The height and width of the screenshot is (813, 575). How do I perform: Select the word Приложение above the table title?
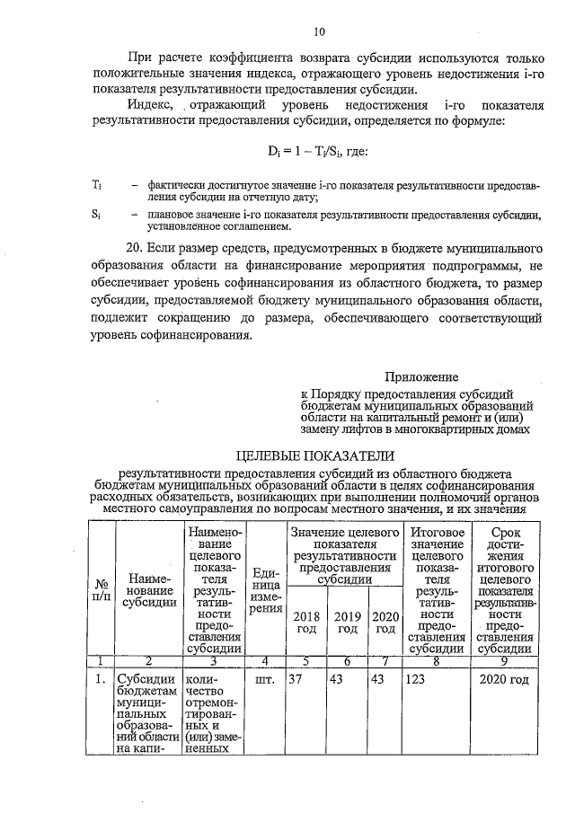(421, 377)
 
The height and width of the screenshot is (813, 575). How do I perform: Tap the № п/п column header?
(102, 592)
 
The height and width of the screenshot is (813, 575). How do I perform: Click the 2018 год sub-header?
(306, 622)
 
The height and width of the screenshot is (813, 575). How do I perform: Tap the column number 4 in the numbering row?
(264, 661)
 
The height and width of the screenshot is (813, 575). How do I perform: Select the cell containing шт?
(264, 679)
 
